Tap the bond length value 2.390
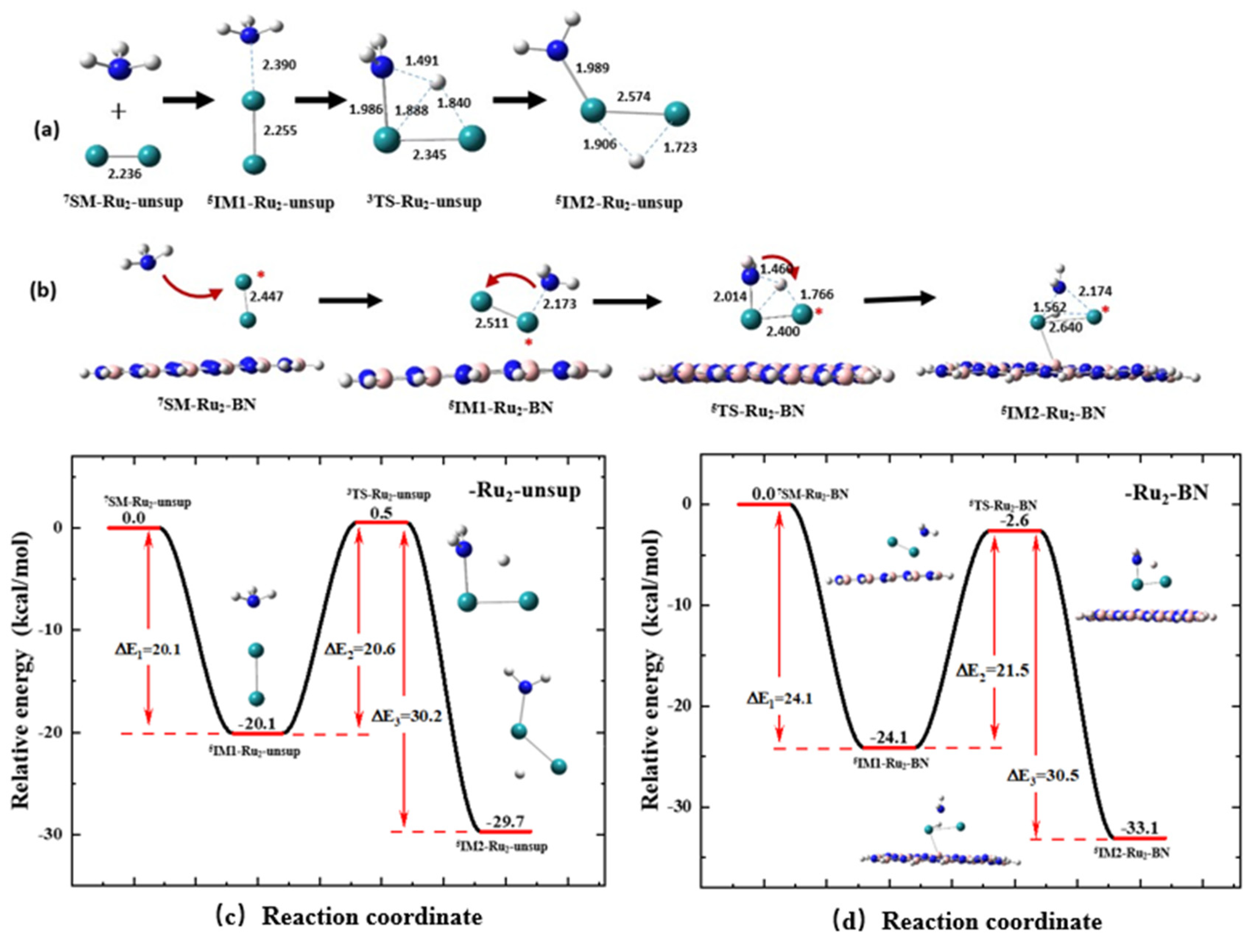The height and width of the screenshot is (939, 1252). pos(278,65)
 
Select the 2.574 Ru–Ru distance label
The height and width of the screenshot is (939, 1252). pos(633,97)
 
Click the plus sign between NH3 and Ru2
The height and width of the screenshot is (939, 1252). pos(119,112)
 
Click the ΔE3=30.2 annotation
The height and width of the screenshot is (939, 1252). pos(406,716)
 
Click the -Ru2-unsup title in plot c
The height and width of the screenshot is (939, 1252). pos(524,490)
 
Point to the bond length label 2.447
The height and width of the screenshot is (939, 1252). pos(267,296)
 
